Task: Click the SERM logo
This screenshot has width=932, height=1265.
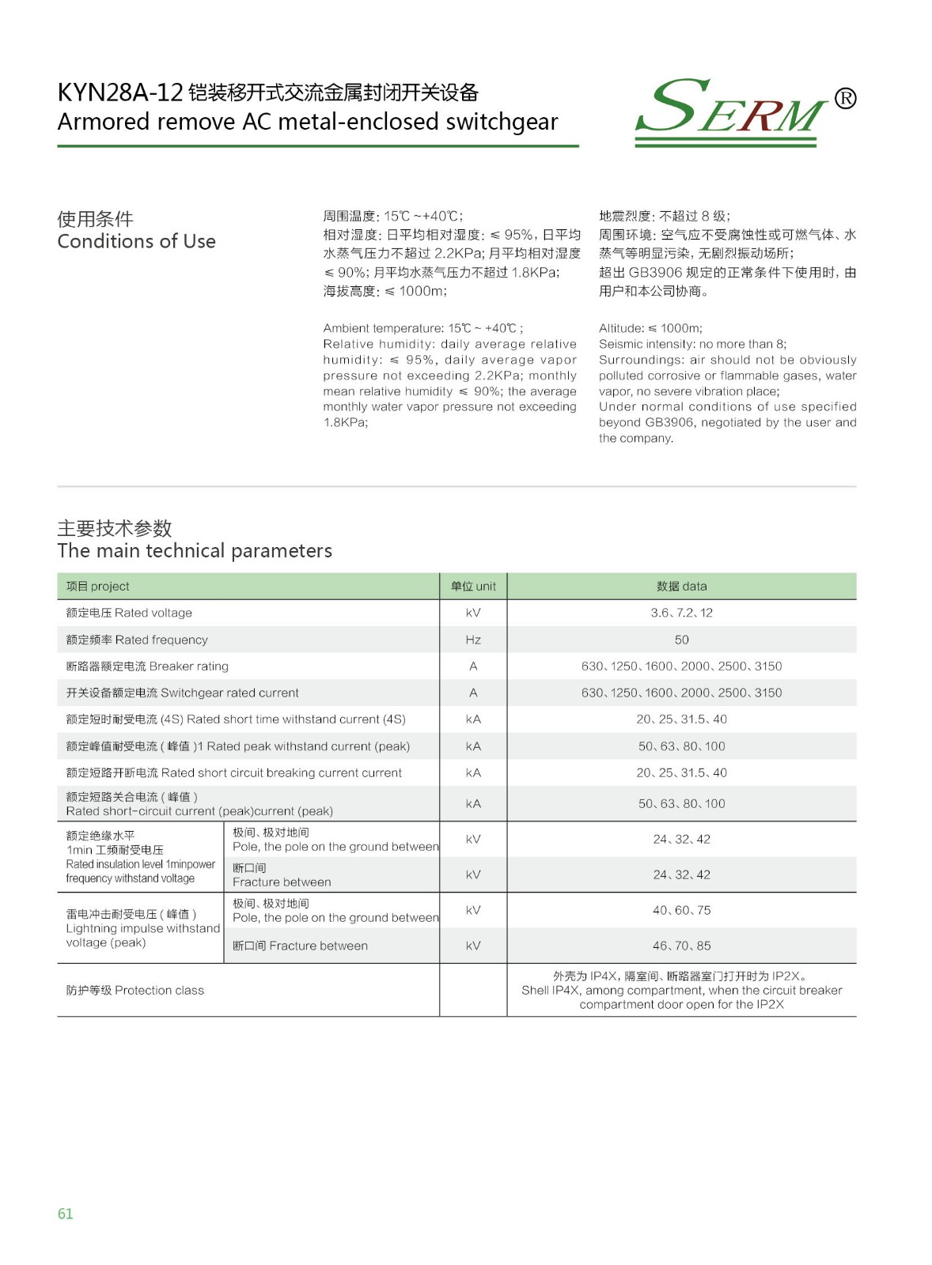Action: [x=732, y=111]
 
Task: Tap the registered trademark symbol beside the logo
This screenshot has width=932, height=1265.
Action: [x=845, y=98]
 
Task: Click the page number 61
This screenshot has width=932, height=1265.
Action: [x=65, y=1214]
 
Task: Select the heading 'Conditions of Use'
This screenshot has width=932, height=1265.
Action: [x=136, y=241]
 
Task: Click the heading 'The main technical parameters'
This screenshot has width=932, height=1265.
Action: [x=195, y=550]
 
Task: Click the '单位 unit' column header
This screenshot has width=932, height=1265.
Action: [x=473, y=586]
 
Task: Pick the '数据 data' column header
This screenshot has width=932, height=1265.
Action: [x=681, y=586]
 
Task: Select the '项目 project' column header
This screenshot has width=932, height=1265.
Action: [x=97, y=586]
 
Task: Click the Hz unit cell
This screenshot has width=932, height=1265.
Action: [x=473, y=640]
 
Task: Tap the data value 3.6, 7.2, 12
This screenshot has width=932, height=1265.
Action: [x=681, y=613]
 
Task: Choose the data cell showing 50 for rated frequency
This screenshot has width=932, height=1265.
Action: [x=681, y=640]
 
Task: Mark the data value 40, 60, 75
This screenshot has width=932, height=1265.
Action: [x=681, y=910]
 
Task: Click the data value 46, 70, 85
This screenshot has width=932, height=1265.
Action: [x=681, y=946]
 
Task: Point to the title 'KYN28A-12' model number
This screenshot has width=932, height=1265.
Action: [x=120, y=93]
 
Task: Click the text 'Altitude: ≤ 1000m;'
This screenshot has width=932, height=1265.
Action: [x=650, y=328]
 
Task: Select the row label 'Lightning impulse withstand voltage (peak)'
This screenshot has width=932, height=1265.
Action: [x=142, y=928]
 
